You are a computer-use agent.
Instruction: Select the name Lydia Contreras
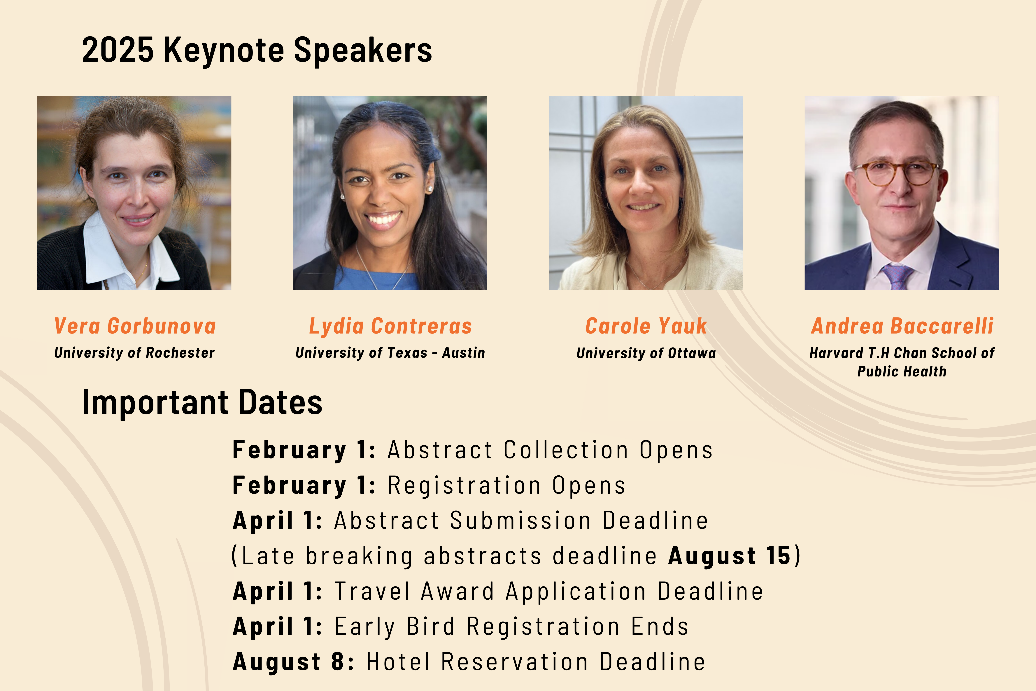pos(390,326)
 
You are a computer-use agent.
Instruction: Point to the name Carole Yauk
pos(646,326)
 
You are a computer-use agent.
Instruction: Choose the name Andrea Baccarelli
pos(902,326)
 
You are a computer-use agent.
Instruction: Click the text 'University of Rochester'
pos(134,353)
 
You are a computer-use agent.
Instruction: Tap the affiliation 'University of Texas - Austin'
pos(390,353)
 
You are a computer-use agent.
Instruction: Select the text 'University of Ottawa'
pos(646,353)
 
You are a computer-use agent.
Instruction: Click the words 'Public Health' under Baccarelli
pos(902,371)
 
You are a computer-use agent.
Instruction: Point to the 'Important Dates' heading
pos(202,402)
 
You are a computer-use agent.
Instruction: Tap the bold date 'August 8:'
pos(293,662)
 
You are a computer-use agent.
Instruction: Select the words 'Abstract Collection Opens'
pos(550,450)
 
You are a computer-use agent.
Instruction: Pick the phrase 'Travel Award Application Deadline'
pos(549,591)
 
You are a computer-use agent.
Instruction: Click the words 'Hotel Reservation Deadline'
pos(536,662)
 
